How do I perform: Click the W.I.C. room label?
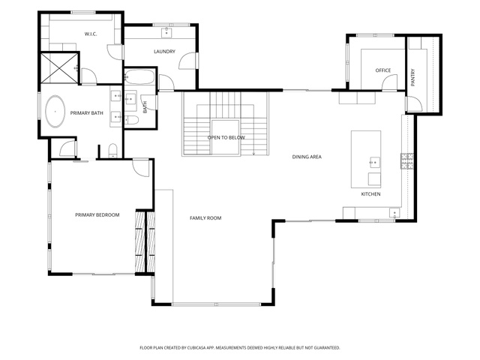[91, 34]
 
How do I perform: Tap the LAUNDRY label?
[164, 52]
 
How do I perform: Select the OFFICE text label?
[383, 70]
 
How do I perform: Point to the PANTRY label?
[412, 77]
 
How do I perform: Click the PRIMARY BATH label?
[87, 113]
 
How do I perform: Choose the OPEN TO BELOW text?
[226, 137]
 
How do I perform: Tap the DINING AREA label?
[307, 157]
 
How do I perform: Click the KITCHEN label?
[370, 194]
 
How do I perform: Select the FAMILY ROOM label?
[205, 218]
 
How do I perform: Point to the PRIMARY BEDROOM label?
[97, 215]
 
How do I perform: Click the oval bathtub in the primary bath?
[55, 112]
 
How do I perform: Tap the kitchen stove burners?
[407, 161]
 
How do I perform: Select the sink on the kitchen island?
[375, 162]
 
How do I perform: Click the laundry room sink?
[166, 32]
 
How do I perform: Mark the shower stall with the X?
[59, 68]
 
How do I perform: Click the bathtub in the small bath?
[139, 76]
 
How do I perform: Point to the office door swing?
[389, 82]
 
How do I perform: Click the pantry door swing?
[414, 103]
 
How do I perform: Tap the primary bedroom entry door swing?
[141, 167]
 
